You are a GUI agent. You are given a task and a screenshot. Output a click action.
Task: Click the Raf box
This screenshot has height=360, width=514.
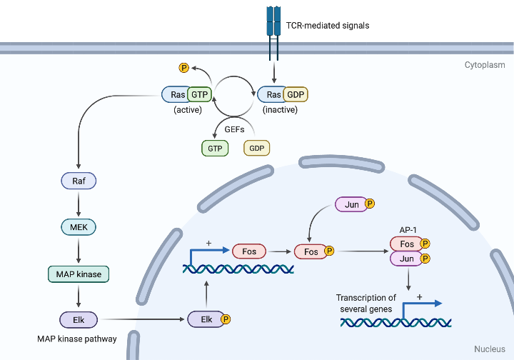[79, 181]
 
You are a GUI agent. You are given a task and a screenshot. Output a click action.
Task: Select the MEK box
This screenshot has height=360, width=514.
[79, 227]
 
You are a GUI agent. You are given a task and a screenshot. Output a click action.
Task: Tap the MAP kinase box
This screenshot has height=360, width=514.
[79, 274]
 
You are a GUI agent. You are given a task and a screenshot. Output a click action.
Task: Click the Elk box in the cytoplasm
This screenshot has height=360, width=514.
[79, 319]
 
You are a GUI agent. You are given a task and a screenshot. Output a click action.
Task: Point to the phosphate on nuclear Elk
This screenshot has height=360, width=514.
[226, 319]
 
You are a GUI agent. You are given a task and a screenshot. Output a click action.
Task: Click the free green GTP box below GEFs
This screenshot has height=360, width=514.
[215, 148]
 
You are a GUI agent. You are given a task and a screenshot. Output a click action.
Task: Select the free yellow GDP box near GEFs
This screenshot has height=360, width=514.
[257, 148]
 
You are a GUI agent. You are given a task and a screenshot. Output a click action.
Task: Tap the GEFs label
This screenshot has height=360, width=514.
[236, 131]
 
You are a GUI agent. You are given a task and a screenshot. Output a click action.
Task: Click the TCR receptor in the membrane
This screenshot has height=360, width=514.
[273, 21]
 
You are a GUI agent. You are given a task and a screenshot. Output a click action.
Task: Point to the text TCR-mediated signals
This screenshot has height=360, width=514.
[328, 26]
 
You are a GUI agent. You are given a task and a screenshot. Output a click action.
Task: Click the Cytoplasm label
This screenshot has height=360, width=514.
[485, 65]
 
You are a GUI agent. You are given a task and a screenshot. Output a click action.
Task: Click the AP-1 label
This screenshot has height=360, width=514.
[408, 230]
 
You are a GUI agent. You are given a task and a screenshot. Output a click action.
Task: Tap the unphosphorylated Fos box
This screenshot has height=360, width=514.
[248, 251]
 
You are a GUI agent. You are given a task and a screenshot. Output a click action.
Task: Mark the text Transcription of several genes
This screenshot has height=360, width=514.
[366, 303]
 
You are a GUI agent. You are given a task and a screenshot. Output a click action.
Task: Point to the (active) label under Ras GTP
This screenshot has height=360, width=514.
[188, 110]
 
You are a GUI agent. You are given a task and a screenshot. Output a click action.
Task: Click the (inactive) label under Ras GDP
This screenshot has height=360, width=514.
[280, 110]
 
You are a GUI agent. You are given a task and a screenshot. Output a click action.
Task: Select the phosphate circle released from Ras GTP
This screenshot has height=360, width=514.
[183, 68]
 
